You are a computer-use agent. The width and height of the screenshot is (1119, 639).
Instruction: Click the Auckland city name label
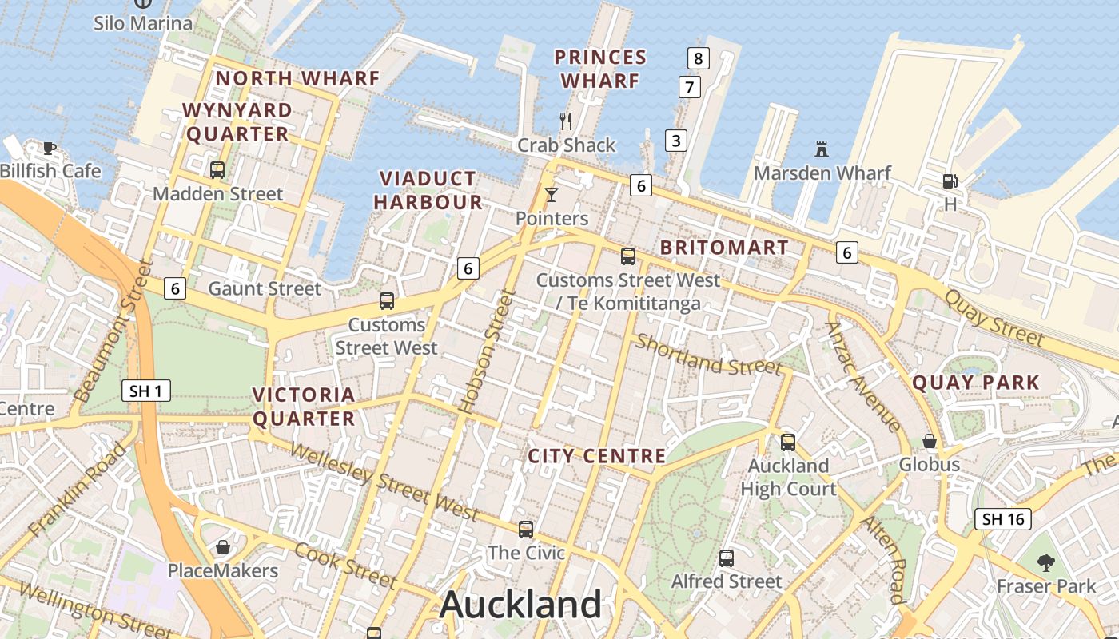click(520, 605)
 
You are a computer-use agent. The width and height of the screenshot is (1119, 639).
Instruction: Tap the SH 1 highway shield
click(146, 391)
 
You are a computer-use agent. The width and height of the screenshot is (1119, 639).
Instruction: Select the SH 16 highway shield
click(1003, 519)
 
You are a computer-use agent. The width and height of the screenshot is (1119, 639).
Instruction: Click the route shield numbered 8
click(699, 58)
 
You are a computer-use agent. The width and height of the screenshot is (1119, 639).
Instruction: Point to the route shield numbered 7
click(689, 86)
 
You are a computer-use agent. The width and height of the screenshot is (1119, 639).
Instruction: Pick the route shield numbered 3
click(676, 141)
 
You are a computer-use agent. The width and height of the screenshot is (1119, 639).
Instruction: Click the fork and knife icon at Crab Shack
click(566, 121)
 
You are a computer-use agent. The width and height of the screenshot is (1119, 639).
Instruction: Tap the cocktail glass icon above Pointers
click(551, 194)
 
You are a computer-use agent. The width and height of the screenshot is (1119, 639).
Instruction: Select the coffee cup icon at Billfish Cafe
click(50, 147)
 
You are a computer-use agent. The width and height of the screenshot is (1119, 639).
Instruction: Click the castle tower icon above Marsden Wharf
click(822, 149)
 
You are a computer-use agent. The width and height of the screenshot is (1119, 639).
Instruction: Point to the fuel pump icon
click(950, 181)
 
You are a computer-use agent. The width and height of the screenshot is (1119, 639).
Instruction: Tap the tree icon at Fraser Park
click(1045, 562)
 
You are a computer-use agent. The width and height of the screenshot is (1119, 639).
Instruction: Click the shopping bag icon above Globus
click(930, 441)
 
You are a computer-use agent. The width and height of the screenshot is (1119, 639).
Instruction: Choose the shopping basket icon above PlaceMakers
click(223, 547)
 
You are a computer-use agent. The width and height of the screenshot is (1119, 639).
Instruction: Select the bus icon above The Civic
click(526, 529)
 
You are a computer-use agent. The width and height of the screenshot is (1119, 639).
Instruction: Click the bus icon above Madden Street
click(217, 169)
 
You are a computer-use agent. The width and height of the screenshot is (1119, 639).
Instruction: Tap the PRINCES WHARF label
click(601, 69)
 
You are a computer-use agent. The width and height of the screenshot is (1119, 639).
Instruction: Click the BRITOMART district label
click(724, 248)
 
